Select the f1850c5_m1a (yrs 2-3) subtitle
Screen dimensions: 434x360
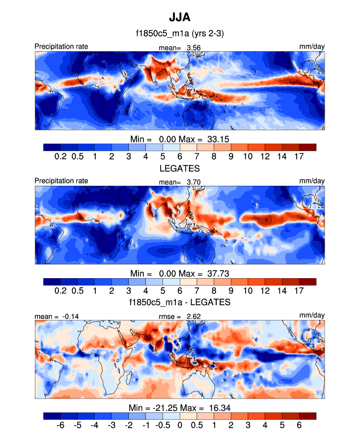click(x=180, y=34)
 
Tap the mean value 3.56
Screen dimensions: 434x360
click(x=193, y=48)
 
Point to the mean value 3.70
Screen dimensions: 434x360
click(x=193, y=182)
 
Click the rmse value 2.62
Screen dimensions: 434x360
click(x=194, y=317)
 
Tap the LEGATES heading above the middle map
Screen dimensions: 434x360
click(x=180, y=169)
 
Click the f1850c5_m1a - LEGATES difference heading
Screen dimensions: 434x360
click(x=180, y=302)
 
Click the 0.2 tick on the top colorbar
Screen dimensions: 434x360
click(x=60, y=156)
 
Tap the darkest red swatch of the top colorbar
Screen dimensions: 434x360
click(x=307, y=147)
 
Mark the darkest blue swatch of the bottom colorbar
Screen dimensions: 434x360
click(x=52, y=416)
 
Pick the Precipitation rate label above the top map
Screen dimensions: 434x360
click(x=61, y=47)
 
